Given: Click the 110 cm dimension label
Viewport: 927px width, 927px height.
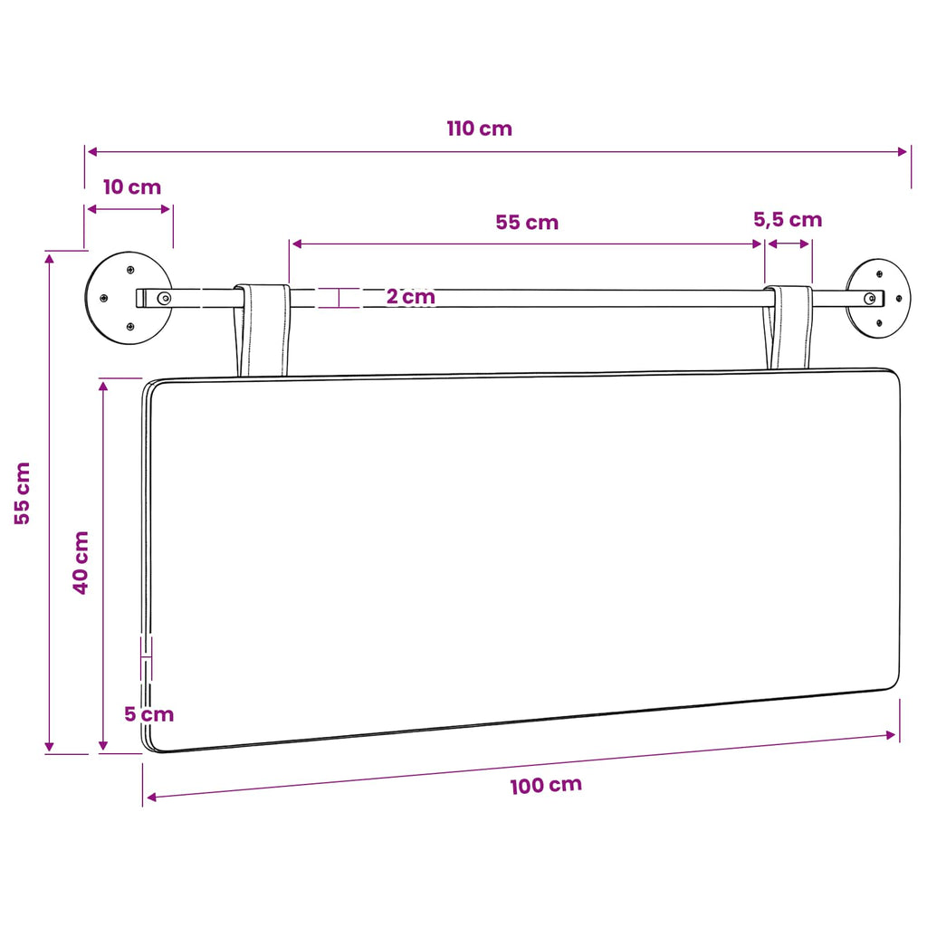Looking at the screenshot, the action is coord(480,129).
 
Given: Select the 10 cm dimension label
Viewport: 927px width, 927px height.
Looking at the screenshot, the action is coord(132,186).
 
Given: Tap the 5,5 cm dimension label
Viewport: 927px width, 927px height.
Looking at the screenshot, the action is coord(788,220).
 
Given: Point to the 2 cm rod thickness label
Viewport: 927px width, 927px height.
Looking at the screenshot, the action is coord(411,296).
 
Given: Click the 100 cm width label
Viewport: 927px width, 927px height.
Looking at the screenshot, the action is coord(546,786).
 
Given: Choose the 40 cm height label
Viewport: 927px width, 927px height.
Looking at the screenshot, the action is coord(81,562).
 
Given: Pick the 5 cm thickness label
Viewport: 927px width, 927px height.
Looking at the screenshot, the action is coord(149,714).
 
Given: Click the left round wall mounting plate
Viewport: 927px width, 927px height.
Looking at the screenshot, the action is coord(129,298).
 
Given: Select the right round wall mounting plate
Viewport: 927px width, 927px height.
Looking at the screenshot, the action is coord(878,298).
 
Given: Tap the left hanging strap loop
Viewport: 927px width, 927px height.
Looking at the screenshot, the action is coord(262,330).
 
